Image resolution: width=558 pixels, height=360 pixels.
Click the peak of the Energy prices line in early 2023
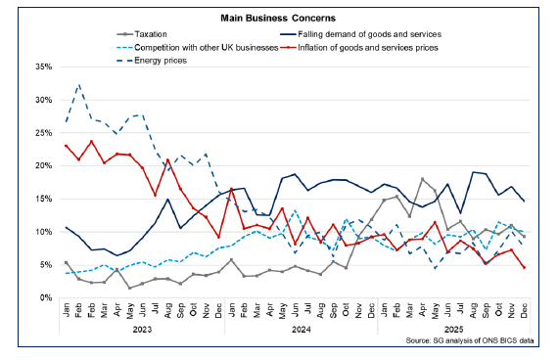[79, 85]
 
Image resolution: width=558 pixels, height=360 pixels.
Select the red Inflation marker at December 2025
[524, 267]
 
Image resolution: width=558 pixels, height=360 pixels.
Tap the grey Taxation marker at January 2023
[66, 262]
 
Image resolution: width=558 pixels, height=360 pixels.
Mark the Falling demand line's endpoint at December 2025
[524, 201]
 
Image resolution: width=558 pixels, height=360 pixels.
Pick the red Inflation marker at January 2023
[66, 146]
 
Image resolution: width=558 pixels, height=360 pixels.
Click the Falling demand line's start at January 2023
[66, 227]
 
